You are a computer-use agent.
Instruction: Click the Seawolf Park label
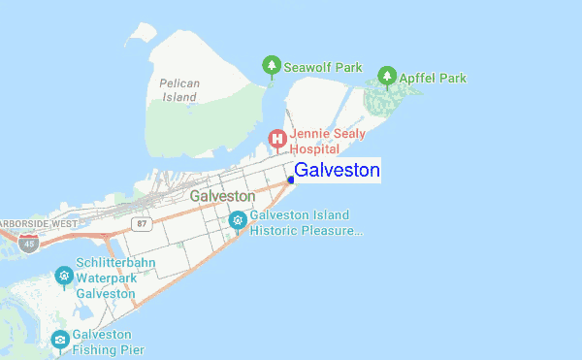[x=322, y=68]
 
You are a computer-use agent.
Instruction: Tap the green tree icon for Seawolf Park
[x=273, y=66]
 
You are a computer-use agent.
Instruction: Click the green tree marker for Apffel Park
[x=387, y=75]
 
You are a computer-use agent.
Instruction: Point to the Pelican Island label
[x=179, y=90]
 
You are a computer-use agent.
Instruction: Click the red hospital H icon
[x=277, y=139]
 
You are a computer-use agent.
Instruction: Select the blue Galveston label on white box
[x=336, y=171]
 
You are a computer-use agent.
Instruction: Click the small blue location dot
[x=291, y=180]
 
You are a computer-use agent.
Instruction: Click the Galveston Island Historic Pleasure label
[x=306, y=223]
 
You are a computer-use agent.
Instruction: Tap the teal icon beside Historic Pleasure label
[x=238, y=221]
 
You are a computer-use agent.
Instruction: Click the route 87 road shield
[x=142, y=223]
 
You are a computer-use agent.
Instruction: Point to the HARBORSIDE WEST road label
[x=39, y=223]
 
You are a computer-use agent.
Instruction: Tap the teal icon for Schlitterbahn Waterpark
[x=64, y=277]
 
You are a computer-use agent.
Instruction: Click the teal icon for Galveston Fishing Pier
[x=60, y=340]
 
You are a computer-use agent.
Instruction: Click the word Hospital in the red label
[x=314, y=149]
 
